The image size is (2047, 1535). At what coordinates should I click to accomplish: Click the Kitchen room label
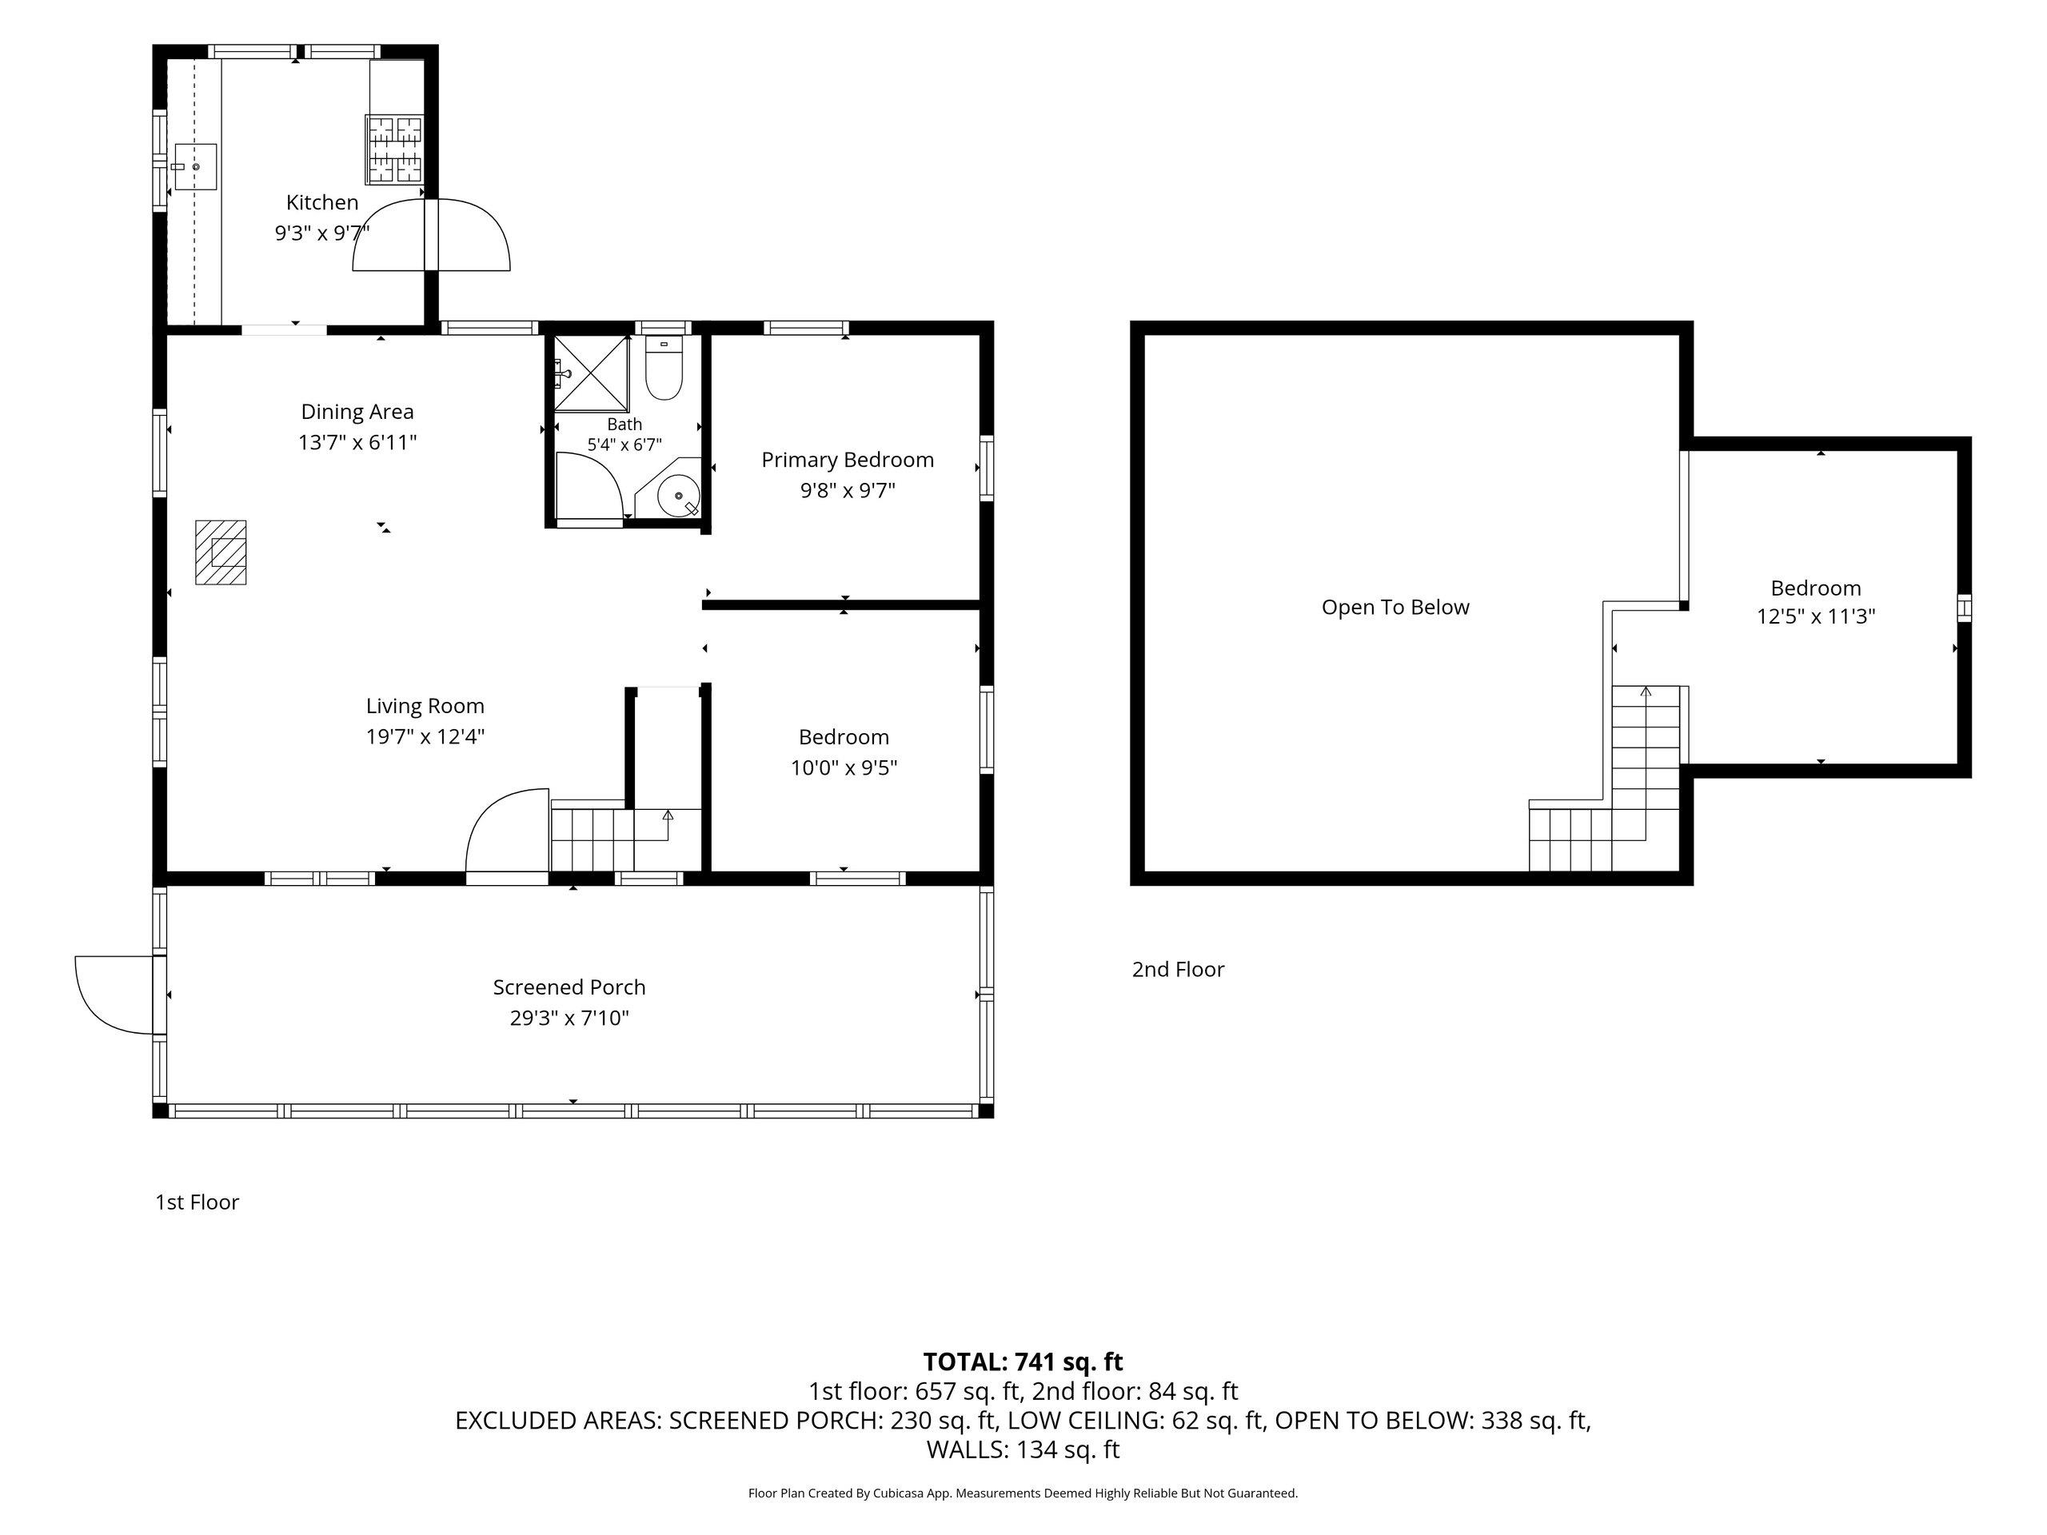[x=322, y=202]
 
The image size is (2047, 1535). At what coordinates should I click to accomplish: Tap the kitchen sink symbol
[x=194, y=166]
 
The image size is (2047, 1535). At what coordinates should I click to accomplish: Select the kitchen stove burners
[x=394, y=148]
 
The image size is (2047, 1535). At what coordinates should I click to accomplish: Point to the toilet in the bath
[x=664, y=369]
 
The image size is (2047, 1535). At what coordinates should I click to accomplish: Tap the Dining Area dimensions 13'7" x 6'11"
[x=357, y=442]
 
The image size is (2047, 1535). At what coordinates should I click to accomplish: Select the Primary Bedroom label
[x=848, y=460]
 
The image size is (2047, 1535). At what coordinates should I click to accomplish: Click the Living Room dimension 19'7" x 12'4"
[x=425, y=736]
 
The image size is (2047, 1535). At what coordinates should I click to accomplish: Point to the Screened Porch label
[x=569, y=987]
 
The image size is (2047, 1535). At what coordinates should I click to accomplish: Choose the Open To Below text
[x=1395, y=608]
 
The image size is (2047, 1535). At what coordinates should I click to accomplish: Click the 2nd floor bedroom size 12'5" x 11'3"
[x=1816, y=616]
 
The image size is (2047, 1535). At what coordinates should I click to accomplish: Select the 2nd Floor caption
[x=1178, y=969]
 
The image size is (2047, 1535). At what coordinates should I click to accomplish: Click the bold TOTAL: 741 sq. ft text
[x=1023, y=1362]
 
